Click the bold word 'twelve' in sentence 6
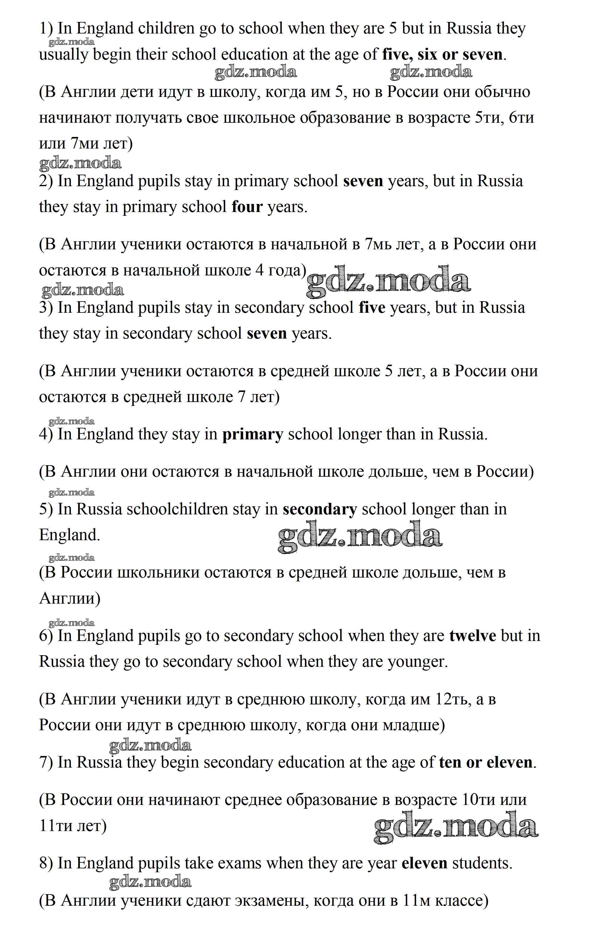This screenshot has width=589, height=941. click(x=473, y=636)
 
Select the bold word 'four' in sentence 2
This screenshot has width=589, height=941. click(x=247, y=207)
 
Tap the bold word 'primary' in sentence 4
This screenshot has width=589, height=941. click(x=252, y=434)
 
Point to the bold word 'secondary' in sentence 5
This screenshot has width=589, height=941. click(x=319, y=509)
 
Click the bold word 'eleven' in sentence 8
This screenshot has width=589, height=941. click(x=424, y=863)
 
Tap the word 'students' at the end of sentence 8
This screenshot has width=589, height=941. click(x=481, y=863)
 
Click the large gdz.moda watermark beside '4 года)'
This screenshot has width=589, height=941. click(x=388, y=280)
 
